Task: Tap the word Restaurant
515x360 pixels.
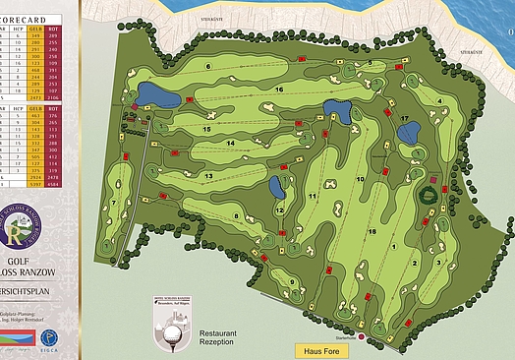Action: click(x=220, y=333)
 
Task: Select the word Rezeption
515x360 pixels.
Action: click(x=218, y=343)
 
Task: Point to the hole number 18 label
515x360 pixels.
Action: click(x=372, y=231)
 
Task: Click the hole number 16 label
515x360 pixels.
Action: click(x=279, y=90)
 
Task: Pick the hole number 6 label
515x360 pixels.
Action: click(x=208, y=67)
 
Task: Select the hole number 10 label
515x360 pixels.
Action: click(x=360, y=180)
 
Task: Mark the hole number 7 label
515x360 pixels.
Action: click(x=114, y=204)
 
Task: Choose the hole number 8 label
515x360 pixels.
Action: click(x=236, y=216)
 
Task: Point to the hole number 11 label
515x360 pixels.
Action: click(x=313, y=197)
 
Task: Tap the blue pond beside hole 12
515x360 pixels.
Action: click(x=276, y=187)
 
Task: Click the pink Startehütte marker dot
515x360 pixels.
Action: click(x=362, y=337)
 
